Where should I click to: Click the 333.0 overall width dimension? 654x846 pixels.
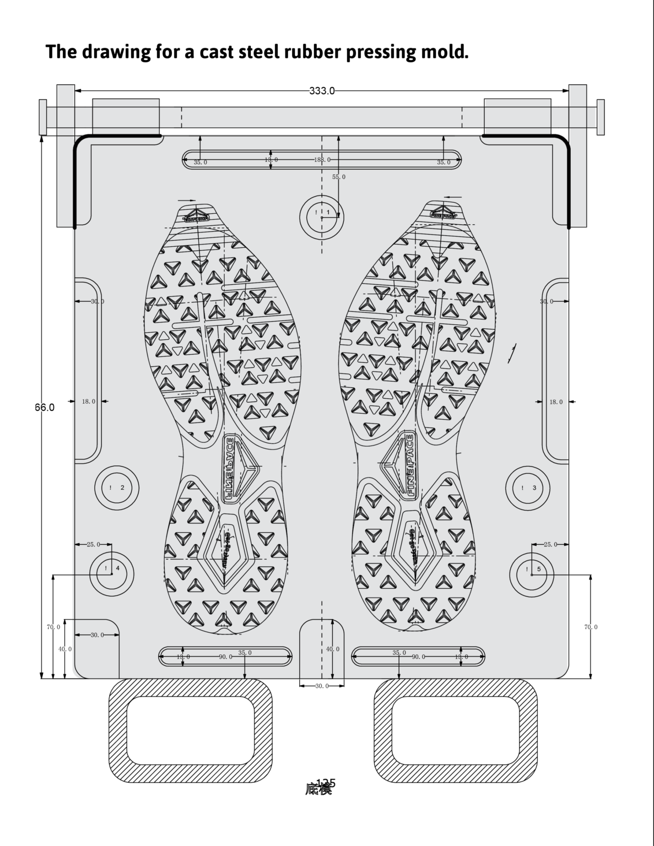322,91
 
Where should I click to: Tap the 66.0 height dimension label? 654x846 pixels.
45,408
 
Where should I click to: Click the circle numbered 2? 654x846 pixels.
117,487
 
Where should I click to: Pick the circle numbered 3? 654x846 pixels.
528,487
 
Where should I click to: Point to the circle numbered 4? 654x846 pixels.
112,573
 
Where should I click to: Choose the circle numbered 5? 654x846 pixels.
532,573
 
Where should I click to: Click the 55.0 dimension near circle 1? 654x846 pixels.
339,177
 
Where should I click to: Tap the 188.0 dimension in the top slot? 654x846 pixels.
322,160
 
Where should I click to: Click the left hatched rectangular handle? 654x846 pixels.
191,730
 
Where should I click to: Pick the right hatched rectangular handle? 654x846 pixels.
456,730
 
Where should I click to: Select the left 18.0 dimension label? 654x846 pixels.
88,402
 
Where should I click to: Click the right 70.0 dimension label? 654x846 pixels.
591,627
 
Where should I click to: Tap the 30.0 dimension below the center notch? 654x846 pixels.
322,686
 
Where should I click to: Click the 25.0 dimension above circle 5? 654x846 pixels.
550,544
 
